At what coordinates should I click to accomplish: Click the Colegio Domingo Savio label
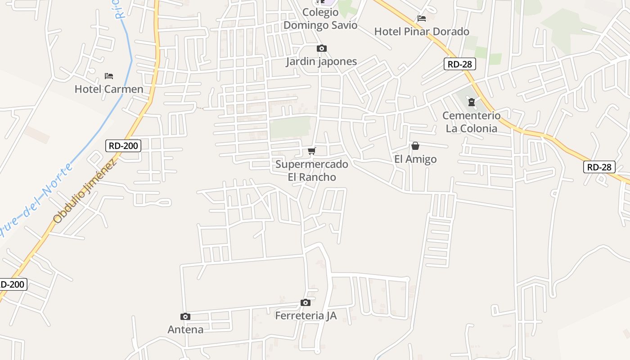pyautogui.click(x=320, y=19)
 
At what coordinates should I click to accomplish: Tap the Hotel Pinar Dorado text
pyautogui.click(x=422, y=31)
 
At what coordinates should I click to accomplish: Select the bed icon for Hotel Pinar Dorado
pyautogui.click(x=422, y=18)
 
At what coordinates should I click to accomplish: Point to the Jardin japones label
pyautogui.click(x=321, y=61)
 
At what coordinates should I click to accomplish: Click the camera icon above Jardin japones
pyautogui.click(x=321, y=48)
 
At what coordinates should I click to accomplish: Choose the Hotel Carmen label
pyautogui.click(x=109, y=89)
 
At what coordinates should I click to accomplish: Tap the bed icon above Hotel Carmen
pyautogui.click(x=109, y=76)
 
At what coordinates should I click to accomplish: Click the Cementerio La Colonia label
pyautogui.click(x=471, y=122)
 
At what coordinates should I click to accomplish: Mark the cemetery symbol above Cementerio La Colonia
pyautogui.click(x=472, y=102)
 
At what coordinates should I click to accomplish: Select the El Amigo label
pyautogui.click(x=415, y=159)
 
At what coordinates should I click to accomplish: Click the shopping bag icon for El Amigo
pyautogui.click(x=415, y=146)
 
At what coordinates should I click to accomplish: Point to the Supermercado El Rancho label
pyautogui.click(x=312, y=170)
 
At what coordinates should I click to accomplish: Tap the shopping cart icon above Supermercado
pyautogui.click(x=312, y=151)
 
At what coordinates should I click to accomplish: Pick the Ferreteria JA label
pyautogui.click(x=306, y=315)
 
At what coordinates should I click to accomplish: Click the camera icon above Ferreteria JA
pyautogui.click(x=306, y=302)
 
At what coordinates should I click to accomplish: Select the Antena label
pyautogui.click(x=185, y=329)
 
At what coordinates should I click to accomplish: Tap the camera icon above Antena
pyautogui.click(x=185, y=316)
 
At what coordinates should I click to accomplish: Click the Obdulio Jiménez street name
pyautogui.click(x=85, y=191)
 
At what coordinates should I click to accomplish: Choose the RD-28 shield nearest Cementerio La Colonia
pyautogui.click(x=460, y=64)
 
